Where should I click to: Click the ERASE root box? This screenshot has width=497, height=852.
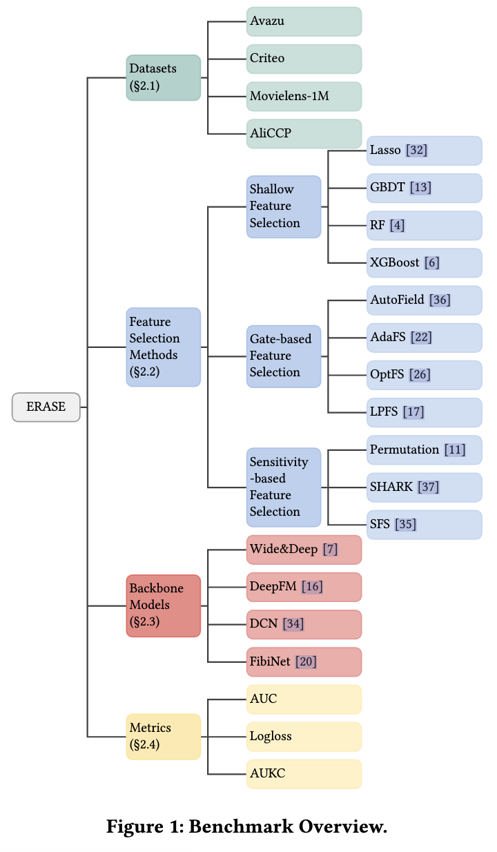point(46,407)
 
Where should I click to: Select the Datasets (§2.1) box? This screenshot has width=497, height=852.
point(163,77)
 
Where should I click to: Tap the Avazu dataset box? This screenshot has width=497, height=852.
point(304,21)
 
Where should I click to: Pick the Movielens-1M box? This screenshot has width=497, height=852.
point(304,96)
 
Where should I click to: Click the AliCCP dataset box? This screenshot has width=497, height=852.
point(304,133)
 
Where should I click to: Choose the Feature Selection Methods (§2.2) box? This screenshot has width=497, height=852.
point(163,347)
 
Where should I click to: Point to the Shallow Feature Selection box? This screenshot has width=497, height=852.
point(283,206)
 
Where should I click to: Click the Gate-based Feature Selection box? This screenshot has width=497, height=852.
point(283,356)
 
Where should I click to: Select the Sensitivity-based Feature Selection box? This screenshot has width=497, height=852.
point(283,487)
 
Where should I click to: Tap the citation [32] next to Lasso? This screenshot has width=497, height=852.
point(416,151)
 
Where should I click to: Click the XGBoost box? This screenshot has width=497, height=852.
point(424,262)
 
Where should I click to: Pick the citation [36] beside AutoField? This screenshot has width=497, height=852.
point(439,300)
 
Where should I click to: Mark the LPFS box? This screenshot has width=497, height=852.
point(424,412)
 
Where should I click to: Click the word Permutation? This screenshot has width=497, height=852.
point(405,449)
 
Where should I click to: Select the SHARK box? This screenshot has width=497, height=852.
point(424,487)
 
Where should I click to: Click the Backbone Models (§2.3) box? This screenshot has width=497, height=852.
point(163,606)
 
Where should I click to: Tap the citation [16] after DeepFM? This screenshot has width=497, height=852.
point(311,587)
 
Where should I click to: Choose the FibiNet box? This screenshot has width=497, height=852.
point(304,661)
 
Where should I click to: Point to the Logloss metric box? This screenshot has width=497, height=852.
point(304,736)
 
